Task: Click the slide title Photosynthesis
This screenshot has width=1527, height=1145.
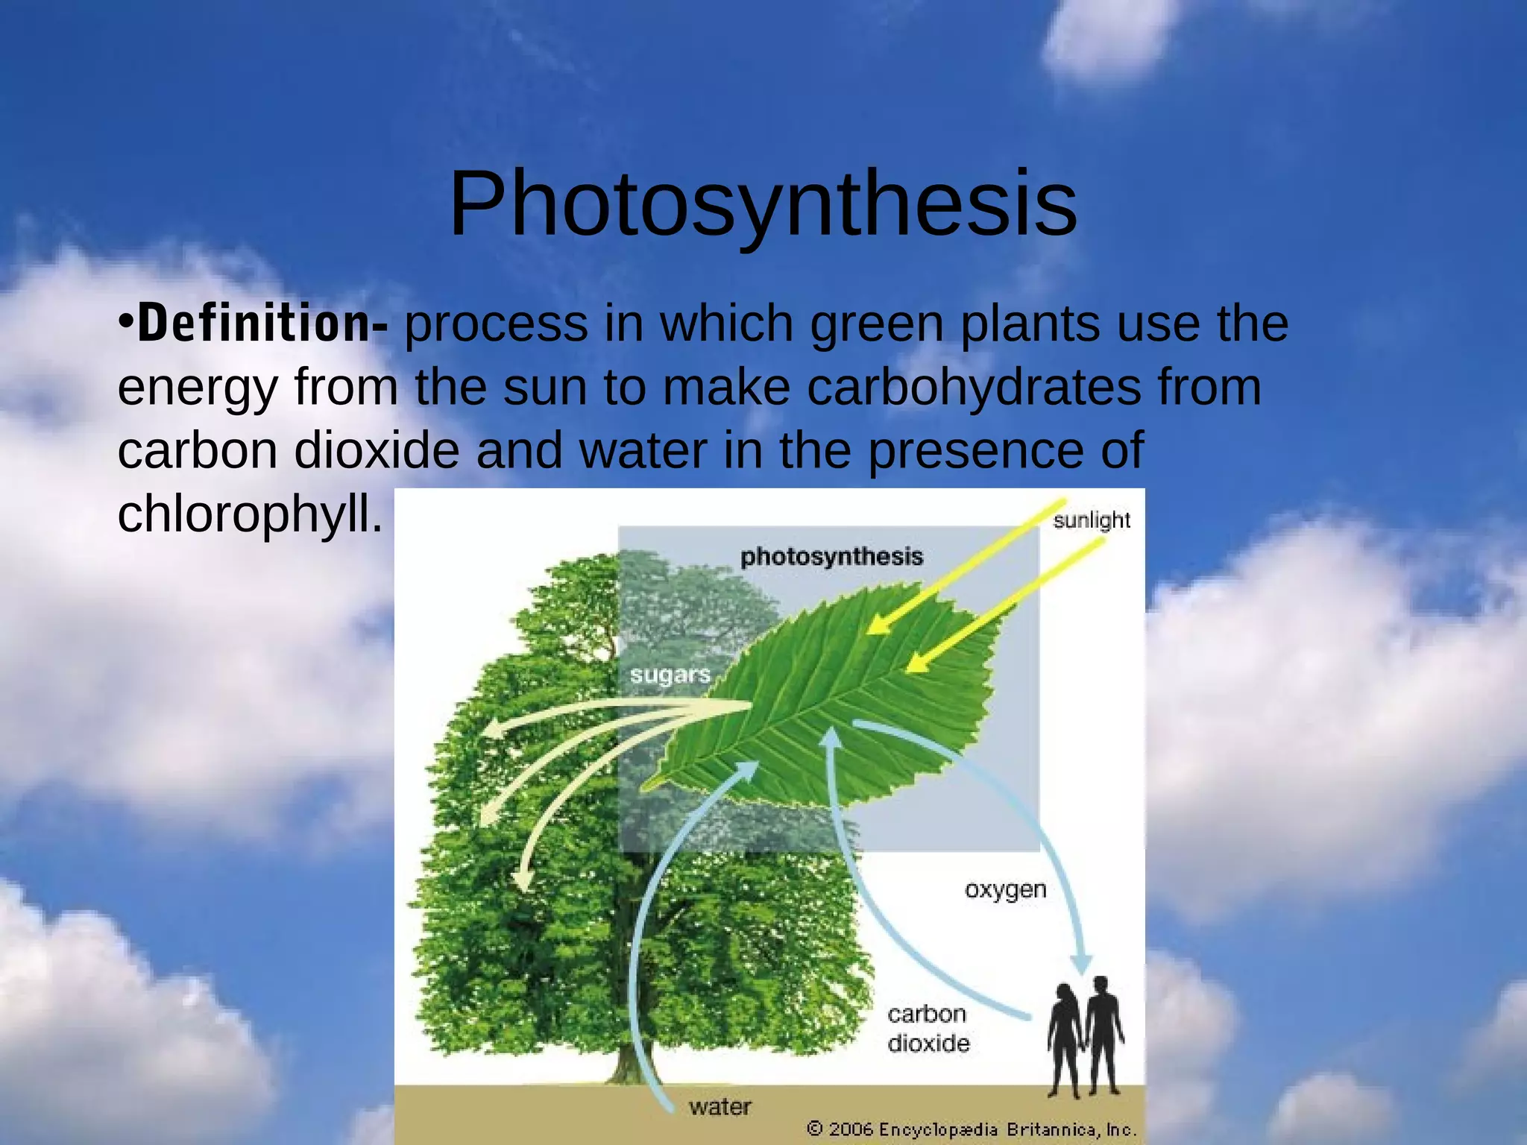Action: (763, 204)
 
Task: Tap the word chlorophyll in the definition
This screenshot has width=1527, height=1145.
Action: (250, 514)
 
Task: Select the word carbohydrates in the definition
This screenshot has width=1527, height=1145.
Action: (974, 387)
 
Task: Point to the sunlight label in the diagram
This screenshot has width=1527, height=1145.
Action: (1091, 520)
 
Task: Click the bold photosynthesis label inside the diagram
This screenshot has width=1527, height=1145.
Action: (831, 557)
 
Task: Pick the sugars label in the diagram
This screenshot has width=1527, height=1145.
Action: (670, 675)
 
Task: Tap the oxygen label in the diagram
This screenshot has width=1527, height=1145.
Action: (1005, 890)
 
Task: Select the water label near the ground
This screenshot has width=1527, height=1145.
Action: (720, 1107)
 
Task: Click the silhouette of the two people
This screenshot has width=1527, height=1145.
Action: (1085, 1036)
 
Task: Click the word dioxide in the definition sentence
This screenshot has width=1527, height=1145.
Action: (377, 451)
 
